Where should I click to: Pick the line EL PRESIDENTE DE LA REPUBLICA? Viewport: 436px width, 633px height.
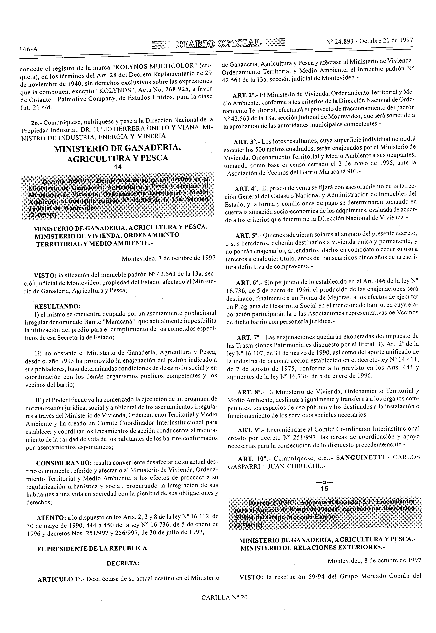click(92, 548)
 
